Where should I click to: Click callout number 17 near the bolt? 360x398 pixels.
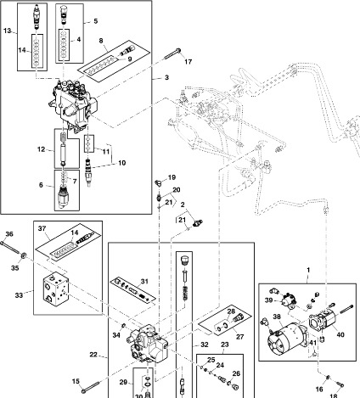point(188,62)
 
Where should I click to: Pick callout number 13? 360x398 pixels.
point(8,31)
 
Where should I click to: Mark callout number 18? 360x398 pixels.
point(333,395)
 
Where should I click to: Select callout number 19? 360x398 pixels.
point(171,177)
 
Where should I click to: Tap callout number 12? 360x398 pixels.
point(41,149)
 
